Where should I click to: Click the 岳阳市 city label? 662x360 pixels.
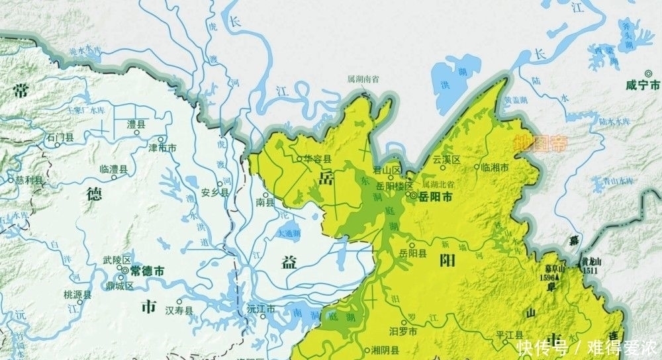pyautogui.click(x=436, y=197)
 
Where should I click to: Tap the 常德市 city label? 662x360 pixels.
pyautogui.click(x=146, y=271)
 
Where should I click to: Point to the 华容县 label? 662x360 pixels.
pyautogui.click(x=318, y=159)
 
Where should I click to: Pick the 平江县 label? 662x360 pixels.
pyautogui.click(x=510, y=334)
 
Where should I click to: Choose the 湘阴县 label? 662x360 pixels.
pyautogui.click(x=385, y=349)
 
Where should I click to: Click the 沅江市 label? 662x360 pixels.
pyautogui.click(x=260, y=310)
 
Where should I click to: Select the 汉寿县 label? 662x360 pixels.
pyautogui.click(x=179, y=310)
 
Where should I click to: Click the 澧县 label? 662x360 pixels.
pyautogui.click(x=137, y=124)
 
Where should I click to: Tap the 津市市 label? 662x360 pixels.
pyautogui.click(x=163, y=147)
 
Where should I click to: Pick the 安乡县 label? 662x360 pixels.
pyautogui.click(x=214, y=192)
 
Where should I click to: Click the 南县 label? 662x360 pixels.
pyautogui.click(x=265, y=202)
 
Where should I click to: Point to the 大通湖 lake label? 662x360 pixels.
pyautogui.click(x=290, y=234)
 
